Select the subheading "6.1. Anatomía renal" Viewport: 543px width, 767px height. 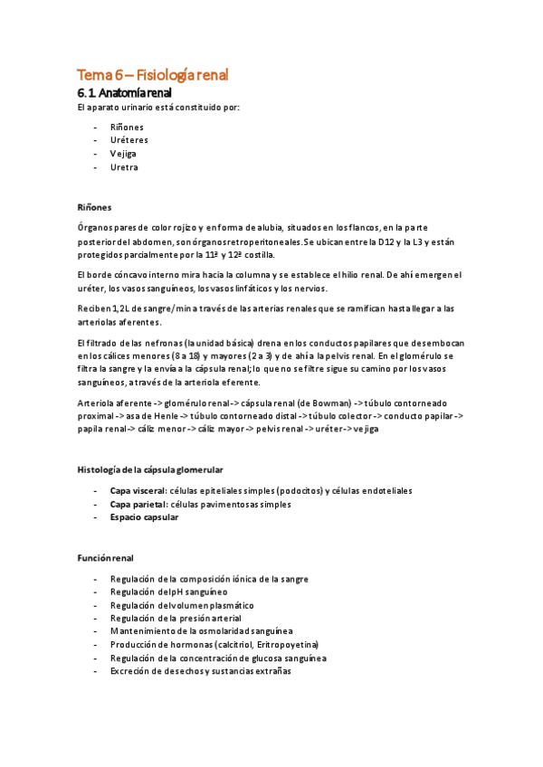[124, 93]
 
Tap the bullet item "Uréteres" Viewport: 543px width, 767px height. [129, 140]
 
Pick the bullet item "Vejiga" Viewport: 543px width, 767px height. [125, 154]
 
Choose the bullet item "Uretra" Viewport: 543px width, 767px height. [124, 167]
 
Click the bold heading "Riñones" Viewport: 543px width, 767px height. [94, 207]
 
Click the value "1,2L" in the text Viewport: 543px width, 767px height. [119, 309]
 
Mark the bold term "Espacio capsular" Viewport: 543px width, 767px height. [144, 517]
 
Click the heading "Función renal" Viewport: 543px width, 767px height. [106, 557]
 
